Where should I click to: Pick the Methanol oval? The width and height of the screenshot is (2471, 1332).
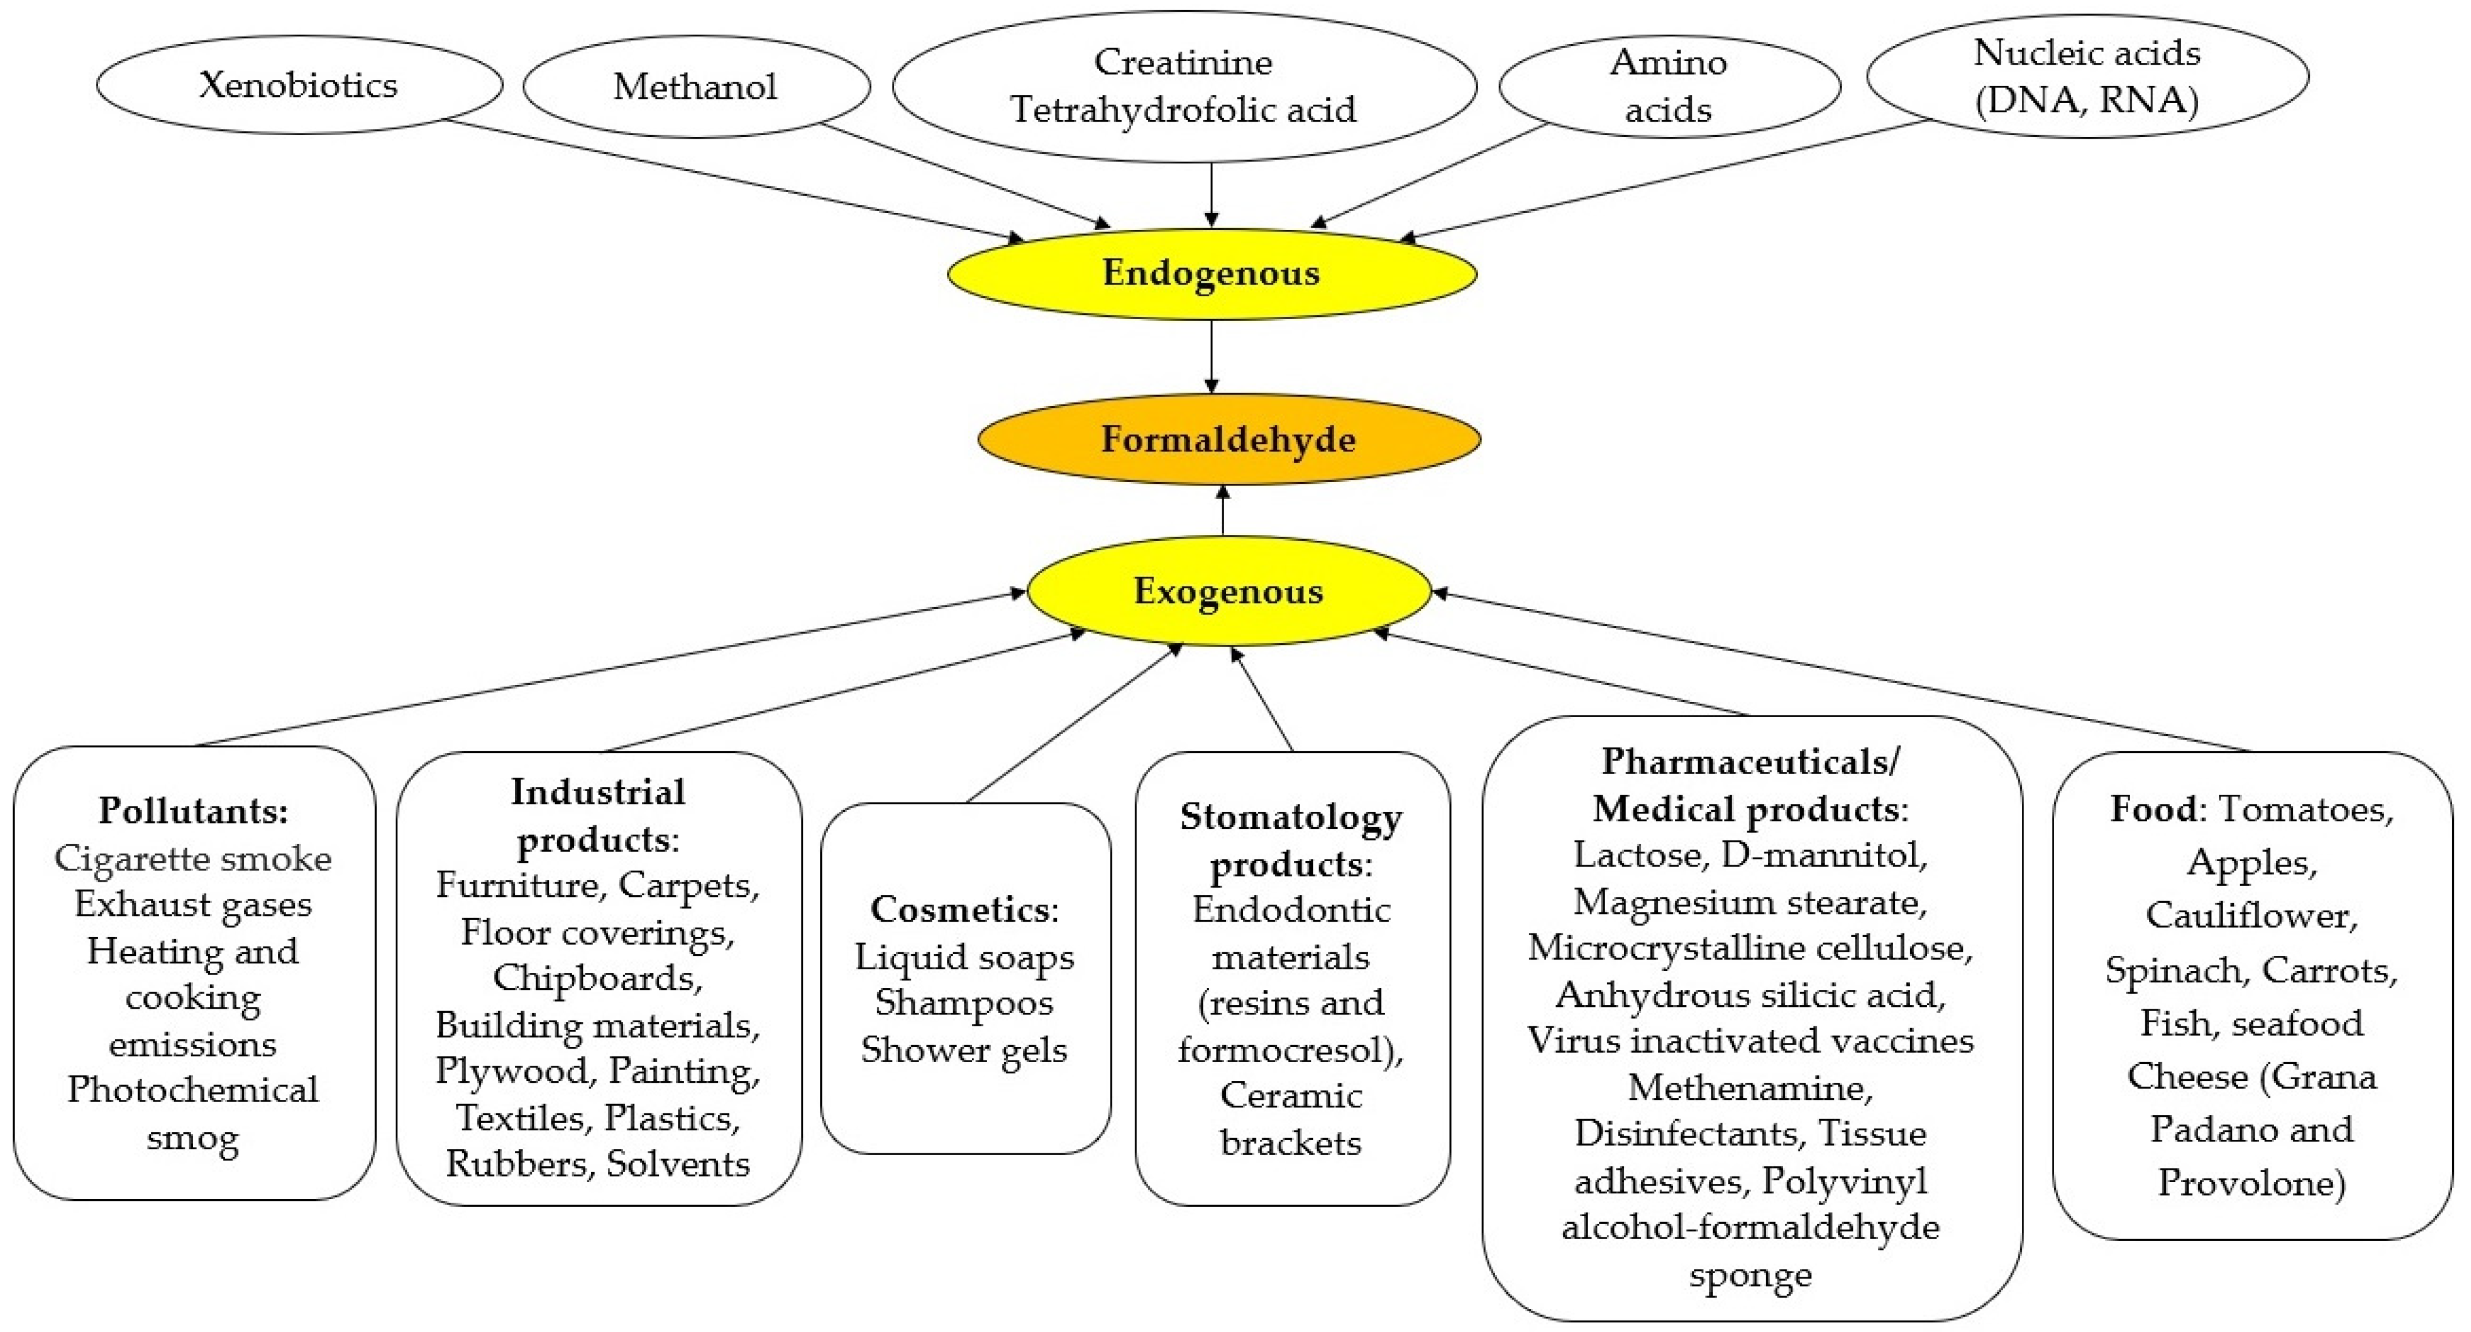696,86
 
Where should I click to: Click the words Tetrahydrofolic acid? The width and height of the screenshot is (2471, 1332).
1183,109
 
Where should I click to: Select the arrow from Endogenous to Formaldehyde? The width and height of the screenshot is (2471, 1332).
1212,356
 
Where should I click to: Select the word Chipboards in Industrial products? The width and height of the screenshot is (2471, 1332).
595,977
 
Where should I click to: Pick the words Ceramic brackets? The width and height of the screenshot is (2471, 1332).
1290,1118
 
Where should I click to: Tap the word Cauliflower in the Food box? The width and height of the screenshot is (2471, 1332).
2251,915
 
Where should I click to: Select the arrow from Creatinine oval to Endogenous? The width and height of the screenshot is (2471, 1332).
1212,195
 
